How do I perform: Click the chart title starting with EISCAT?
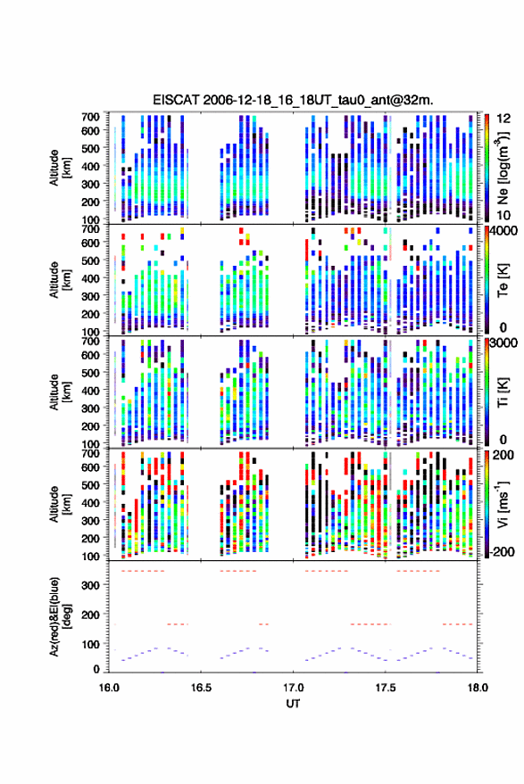click(x=294, y=100)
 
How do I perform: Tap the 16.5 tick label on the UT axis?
click(x=201, y=688)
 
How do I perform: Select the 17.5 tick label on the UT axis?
click(x=385, y=688)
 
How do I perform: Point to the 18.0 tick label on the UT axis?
click(x=478, y=688)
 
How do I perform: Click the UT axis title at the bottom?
click(x=294, y=704)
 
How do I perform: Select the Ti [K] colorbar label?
click(x=503, y=392)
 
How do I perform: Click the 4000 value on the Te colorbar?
click(x=504, y=231)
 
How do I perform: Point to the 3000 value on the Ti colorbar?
click(x=504, y=343)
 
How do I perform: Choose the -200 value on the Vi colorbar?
click(x=502, y=552)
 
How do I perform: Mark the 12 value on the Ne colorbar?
click(x=503, y=119)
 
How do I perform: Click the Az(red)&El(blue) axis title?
click(x=60, y=616)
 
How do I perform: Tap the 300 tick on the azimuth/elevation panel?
click(x=90, y=584)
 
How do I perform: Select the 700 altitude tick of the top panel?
click(x=90, y=117)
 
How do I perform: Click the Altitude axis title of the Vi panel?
click(x=60, y=504)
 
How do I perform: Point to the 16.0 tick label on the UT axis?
click(x=109, y=688)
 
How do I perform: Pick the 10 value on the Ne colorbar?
click(x=503, y=215)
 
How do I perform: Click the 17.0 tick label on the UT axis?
click(x=293, y=688)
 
